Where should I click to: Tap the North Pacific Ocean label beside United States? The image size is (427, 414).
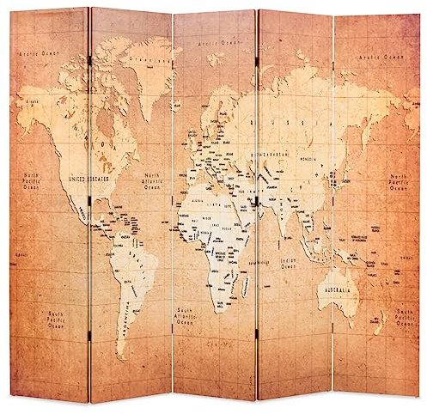tap(32, 181)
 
